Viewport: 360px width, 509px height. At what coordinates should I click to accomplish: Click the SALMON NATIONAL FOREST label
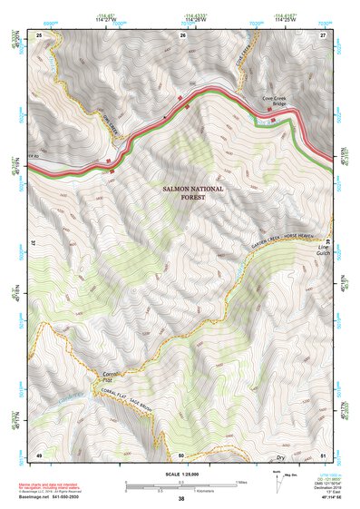191,192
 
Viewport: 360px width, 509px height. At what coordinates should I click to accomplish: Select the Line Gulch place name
324,250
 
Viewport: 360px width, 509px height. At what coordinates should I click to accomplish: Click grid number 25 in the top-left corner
39,34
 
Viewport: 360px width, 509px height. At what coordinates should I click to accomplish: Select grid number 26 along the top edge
182,34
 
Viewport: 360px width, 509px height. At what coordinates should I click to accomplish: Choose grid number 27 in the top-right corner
323,34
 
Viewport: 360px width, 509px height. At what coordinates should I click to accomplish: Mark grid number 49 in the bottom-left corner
39,454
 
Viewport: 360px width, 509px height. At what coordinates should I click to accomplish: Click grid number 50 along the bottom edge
181,454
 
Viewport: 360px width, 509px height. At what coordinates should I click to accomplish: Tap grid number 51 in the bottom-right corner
323,454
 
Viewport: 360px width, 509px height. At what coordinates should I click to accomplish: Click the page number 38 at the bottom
180,500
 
